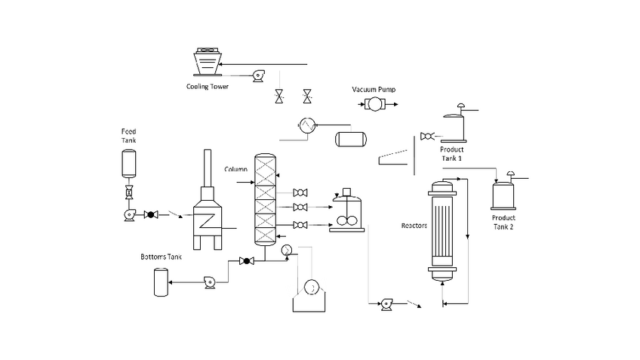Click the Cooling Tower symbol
tap(208, 62)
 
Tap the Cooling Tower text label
tap(208, 87)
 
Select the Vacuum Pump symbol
tap(374, 104)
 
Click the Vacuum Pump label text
tap(374, 89)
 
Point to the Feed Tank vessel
tap(129, 164)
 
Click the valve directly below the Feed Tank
tap(129, 192)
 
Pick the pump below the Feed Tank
tap(130, 214)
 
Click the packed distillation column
tap(266, 199)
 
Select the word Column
tap(236, 169)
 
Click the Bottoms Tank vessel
tap(161, 282)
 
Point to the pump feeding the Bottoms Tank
tap(210, 282)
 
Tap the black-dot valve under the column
tap(247, 261)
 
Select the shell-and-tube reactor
tap(442, 231)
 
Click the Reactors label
tap(414, 226)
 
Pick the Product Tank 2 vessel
tap(503, 196)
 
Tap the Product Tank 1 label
tap(451, 153)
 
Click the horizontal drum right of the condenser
tap(351, 139)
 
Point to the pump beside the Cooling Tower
tap(258, 76)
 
